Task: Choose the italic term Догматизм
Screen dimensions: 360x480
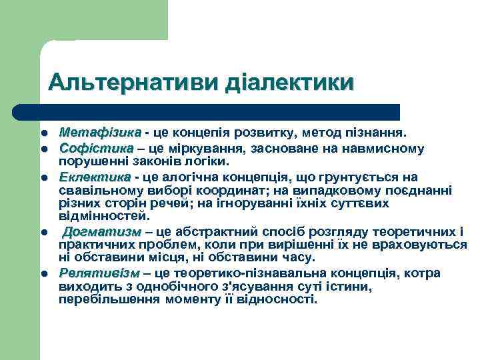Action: [x=102, y=232]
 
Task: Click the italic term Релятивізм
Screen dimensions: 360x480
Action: [x=99, y=273]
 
